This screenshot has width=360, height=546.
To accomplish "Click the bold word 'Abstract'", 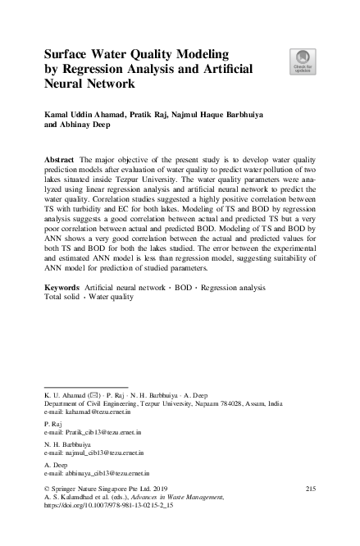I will point(60,156).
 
